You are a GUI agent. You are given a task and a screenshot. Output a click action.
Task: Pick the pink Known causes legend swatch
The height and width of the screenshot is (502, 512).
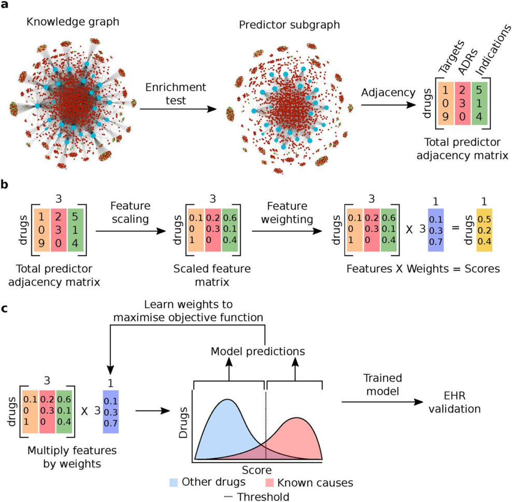[x=269, y=483]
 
